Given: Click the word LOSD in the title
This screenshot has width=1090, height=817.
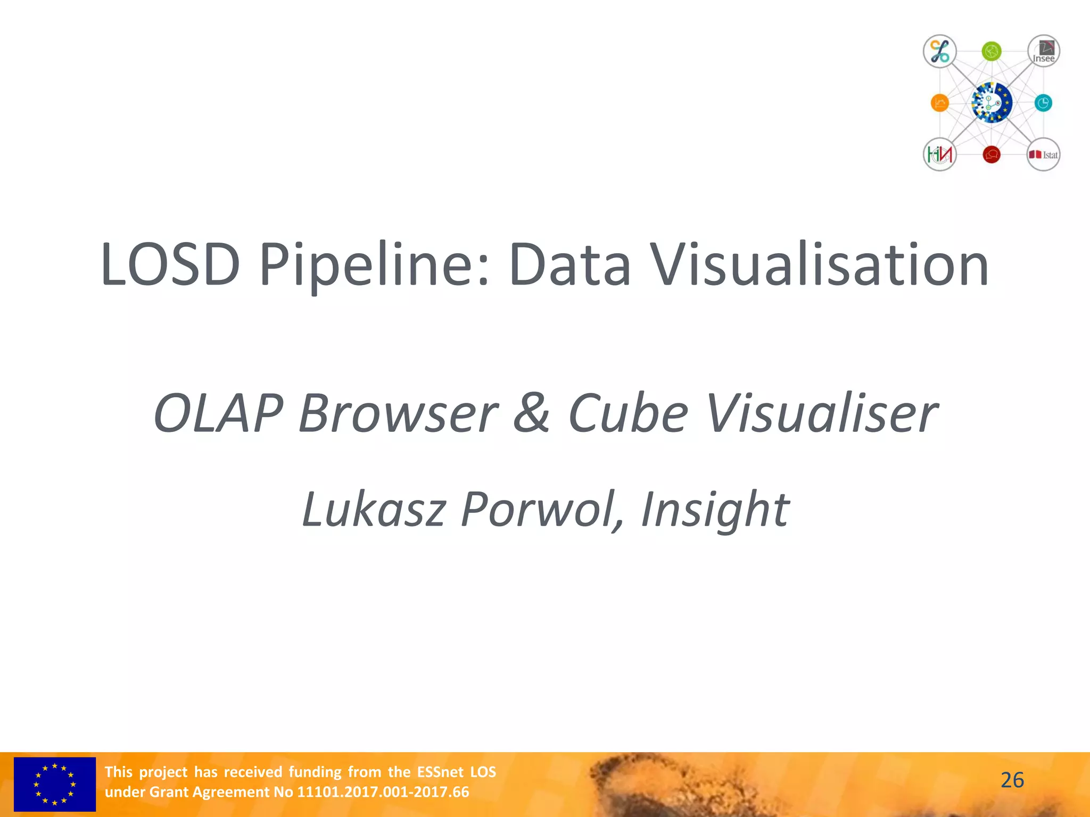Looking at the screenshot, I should point(170,265).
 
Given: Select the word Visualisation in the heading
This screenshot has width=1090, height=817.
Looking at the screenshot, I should point(820,265).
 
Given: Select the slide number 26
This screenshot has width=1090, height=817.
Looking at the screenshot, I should point(1012,780).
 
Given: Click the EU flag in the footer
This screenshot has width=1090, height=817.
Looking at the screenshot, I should point(55,784).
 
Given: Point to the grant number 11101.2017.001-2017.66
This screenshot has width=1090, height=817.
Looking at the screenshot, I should point(383,792).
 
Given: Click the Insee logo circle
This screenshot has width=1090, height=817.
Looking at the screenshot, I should point(1043,52).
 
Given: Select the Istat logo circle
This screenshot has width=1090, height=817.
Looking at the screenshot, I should point(1043,154).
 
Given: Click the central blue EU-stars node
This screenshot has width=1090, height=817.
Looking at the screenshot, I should point(991,103).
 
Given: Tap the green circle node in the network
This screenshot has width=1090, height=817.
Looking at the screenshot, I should point(991,52).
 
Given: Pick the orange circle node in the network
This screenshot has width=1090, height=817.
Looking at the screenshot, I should point(939,103).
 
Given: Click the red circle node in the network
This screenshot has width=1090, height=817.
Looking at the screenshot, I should point(991,154).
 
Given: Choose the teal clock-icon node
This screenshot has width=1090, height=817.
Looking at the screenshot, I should point(1043,103).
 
